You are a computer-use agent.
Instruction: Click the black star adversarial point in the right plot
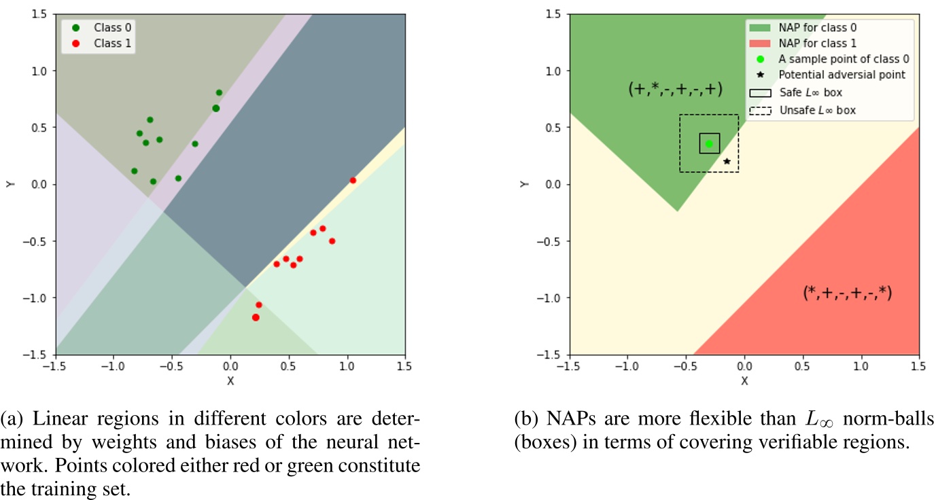point(727,162)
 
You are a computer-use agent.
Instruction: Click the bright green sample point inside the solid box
point(709,143)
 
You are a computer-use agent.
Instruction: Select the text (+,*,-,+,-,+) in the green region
point(675,89)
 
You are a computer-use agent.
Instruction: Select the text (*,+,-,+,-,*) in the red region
point(847,293)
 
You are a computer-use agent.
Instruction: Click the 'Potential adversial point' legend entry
point(842,75)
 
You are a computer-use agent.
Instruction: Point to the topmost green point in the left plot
point(219,92)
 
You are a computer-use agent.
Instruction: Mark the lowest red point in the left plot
point(256,317)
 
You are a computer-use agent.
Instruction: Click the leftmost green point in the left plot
point(134,171)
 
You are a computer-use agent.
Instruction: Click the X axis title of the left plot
point(230,381)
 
